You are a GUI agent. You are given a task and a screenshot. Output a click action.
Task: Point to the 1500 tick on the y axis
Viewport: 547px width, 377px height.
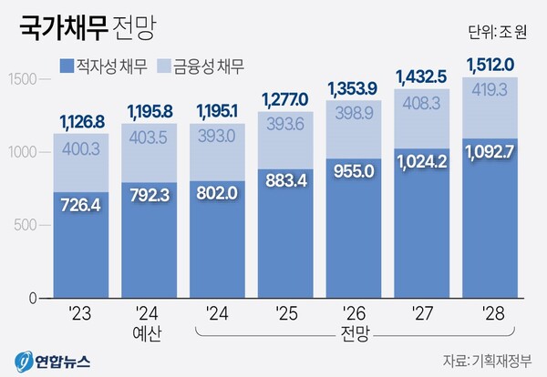(22, 79)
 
